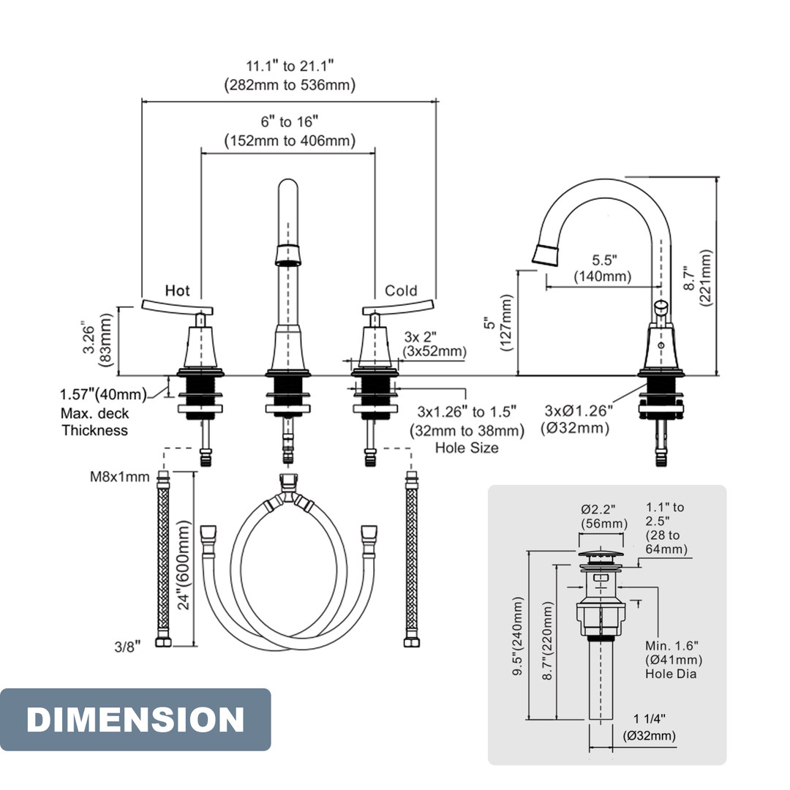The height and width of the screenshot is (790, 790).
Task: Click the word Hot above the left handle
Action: [177, 291]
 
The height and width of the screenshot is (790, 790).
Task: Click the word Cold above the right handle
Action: [401, 291]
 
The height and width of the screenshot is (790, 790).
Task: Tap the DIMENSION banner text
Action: [135, 720]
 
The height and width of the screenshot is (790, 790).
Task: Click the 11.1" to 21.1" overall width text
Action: [290, 66]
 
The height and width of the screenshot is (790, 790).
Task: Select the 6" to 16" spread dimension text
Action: [290, 121]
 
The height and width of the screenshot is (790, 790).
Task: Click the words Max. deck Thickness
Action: [94, 422]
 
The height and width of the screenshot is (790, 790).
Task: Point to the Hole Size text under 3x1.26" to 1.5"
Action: [466, 448]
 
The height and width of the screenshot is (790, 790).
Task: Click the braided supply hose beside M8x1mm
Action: [163, 560]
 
